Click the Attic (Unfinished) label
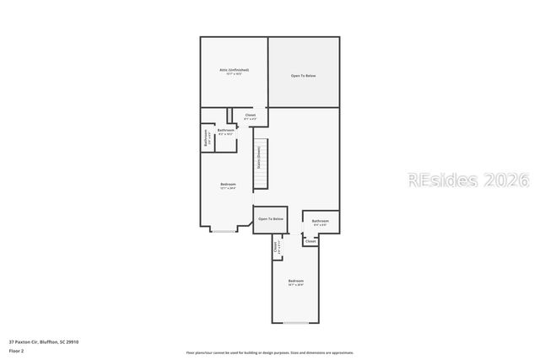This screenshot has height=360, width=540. click(x=234, y=70)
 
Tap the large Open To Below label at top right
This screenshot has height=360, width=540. click(x=303, y=76)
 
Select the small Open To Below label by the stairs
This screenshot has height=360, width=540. click(x=271, y=219)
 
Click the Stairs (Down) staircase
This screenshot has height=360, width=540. click(x=262, y=164)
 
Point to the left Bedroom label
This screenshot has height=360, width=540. click(x=228, y=184)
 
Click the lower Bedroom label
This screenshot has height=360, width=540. click(x=295, y=280)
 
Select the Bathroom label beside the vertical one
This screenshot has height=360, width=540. click(x=226, y=130)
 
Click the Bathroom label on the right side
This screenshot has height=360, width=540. click(x=321, y=221)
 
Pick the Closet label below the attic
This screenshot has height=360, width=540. click(x=250, y=115)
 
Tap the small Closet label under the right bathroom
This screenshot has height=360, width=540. click(x=310, y=241)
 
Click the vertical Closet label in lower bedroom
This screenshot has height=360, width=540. click(x=276, y=247)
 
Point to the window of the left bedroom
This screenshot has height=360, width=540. click(x=224, y=231)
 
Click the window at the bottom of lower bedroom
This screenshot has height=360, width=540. click(x=295, y=323)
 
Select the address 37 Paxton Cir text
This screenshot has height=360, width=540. click(x=44, y=341)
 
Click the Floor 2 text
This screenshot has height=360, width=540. click(x=17, y=350)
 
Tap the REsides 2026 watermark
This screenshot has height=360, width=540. click(x=468, y=180)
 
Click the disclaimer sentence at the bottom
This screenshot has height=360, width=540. click(x=270, y=352)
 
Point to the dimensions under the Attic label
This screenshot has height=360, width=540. click(x=234, y=74)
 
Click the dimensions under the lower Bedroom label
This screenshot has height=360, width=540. click(x=295, y=285)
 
